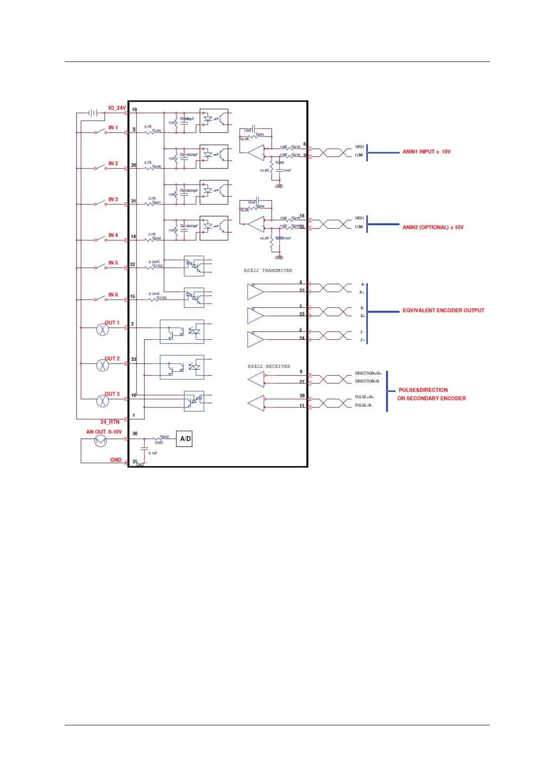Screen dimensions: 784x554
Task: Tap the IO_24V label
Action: click(x=117, y=108)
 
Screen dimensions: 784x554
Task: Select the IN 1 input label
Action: click(x=113, y=128)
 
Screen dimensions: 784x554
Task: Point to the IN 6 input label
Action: click(x=113, y=295)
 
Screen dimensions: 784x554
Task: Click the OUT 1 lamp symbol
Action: click(x=102, y=330)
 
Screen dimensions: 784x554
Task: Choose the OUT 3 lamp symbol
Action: click(x=102, y=400)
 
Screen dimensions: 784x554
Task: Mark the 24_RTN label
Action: click(x=110, y=422)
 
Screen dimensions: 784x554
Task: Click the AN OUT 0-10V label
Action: click(x=104, y=432)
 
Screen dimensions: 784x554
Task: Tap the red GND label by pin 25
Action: click(x=115, y=460)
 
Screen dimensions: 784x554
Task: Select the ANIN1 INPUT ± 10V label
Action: click(x=426, y=152)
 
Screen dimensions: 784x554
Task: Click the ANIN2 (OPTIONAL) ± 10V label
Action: click(x=433, y=227)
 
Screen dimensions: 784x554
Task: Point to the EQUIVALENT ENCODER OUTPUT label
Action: click(x=443, y=311)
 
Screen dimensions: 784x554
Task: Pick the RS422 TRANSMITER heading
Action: click(x=268, y=270)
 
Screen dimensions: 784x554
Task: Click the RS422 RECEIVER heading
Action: click(x=269, y=366)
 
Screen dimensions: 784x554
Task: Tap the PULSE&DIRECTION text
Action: click(x=423, y=390)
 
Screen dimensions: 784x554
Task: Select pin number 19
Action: click(x=135, y=110)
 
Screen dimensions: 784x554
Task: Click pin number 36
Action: click(x=135, y=433)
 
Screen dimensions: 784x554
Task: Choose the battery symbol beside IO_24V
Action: click(x=93, y=113)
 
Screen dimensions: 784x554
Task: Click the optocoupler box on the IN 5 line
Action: click(x=194, y=266)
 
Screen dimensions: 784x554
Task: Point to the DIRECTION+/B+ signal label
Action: click(x=368, y=373)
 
